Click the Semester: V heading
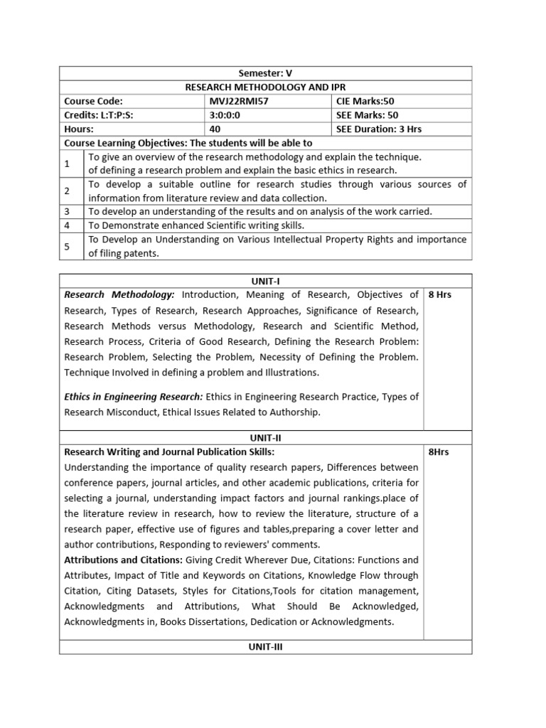(265, 73)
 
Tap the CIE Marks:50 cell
(366, 102)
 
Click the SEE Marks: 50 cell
(368, 115)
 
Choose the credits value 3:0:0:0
(224, 115)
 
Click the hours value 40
(215, 129)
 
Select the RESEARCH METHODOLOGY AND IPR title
(265, 87)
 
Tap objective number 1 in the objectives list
(67, 164)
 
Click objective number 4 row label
(67, 225)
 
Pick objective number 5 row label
(67, 246)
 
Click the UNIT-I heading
(265, 281)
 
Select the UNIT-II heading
(265, 439)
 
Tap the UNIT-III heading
(265, 647)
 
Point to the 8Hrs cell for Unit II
(439, 452)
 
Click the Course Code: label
(93, 102)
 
